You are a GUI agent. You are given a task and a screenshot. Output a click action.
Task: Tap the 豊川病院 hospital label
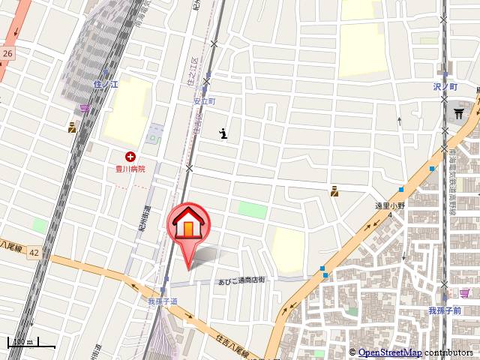pos(130,169)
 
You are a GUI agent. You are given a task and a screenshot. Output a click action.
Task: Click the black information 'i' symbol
pos(223,134)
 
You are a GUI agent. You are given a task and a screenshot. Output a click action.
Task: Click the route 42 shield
pos(34,253)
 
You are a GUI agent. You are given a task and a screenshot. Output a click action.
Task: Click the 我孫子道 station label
pos(163,301)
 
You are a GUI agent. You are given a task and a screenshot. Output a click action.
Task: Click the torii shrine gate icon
pos(458,113)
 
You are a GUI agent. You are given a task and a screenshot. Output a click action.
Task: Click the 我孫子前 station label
pos(444,310)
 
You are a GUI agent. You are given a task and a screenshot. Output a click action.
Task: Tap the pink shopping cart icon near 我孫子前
pos(466,292)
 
